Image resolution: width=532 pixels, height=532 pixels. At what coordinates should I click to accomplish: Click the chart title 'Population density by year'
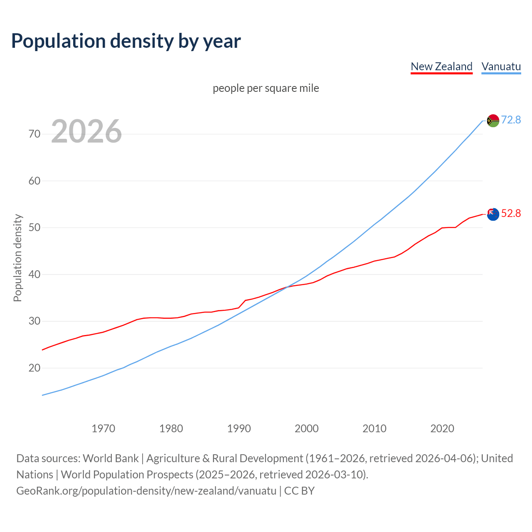pos(126,41)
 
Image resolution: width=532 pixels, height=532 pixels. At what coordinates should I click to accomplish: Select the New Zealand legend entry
pos(441,66)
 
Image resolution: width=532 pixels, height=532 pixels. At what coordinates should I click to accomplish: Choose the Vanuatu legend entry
pos(501,66)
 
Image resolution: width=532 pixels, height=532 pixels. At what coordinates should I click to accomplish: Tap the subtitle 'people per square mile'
pos(266,89)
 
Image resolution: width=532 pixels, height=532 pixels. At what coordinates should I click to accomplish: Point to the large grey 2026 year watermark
pos(86,131)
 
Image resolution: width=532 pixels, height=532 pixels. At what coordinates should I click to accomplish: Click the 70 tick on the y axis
pos(34,134)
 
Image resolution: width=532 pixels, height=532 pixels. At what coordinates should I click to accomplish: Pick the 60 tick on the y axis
pos(34,181)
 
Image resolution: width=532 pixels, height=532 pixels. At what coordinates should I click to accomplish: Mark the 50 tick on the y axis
pos(34,228)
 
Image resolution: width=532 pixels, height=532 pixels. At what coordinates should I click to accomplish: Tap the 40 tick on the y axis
pos(34,274)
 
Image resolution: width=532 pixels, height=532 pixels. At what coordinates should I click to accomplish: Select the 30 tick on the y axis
pos(34,321)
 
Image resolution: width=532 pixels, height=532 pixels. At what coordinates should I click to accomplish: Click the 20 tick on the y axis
pos(34,368)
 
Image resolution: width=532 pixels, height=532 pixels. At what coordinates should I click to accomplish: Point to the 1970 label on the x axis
pos(103,429)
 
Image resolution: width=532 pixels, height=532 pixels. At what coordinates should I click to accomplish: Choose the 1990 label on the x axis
pos(239,429)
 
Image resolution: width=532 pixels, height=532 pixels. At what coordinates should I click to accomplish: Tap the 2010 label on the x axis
pos(374,429)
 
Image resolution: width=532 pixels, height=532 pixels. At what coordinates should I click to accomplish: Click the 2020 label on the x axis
pos(442,429)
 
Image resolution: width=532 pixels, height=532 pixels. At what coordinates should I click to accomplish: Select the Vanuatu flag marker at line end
pos(493,121)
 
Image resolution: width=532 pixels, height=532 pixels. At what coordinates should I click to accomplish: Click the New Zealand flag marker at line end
pos(493,214)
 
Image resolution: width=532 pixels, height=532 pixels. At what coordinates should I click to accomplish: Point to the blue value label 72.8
pos(511,120)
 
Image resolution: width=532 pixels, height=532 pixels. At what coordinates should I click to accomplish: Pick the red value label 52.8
pos(511,214)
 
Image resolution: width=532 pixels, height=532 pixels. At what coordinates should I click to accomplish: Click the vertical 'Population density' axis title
pos(17,258)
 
